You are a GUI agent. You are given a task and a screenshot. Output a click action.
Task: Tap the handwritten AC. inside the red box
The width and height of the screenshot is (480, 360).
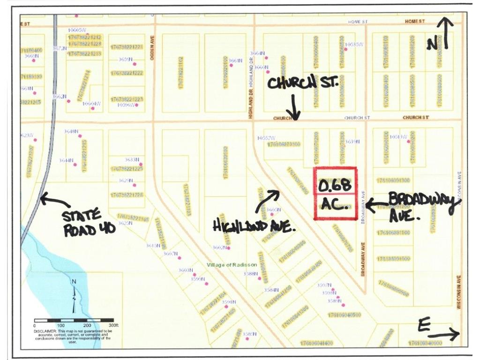tap(334, 206)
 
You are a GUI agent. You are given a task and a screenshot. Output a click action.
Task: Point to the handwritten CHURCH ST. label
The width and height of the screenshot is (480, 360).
tap(302, 84)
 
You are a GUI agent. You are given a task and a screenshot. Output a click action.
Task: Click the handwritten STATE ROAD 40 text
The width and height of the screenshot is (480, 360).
tap(82, 223)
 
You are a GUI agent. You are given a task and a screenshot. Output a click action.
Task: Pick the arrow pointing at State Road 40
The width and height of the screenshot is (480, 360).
tap(54, 201)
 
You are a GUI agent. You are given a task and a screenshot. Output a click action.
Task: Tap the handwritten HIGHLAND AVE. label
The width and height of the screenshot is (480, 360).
tap(254, 226)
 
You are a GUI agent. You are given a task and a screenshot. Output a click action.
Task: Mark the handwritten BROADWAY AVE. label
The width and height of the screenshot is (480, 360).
tap(421, 207)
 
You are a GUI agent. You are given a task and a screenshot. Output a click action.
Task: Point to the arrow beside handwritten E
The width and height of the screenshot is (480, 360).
tap(445, 333)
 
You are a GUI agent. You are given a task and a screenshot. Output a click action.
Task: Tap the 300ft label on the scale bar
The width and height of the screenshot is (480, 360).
tap(114, 325)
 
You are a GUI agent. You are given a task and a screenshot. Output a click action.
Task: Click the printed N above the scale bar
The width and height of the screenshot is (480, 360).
tap(74, 281)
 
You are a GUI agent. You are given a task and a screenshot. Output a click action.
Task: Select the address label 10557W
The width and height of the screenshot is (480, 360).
tap(265, 138)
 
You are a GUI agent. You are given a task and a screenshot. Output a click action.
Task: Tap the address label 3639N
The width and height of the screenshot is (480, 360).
tap(352, 142)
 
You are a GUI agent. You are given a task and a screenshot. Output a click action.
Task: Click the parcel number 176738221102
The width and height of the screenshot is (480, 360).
tap(180, 72)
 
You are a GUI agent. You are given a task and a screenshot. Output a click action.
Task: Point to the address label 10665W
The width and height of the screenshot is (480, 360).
tap(77, 30)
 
